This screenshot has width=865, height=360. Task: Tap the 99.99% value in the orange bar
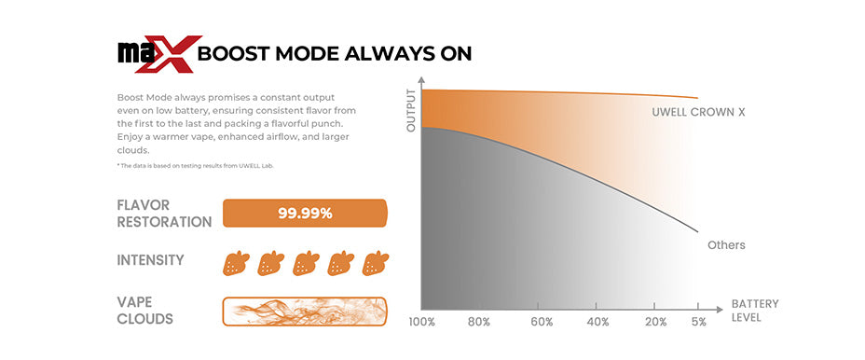[x=305, y=214]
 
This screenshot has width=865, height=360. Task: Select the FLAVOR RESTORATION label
[x=164, y=214]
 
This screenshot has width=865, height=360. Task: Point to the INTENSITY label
[x=151, y=260]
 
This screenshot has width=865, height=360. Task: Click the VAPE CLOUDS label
[x=145, y=311]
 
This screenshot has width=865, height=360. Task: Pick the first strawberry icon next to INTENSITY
[x=236, y=263]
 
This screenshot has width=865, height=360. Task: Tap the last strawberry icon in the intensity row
[x=375, y=263]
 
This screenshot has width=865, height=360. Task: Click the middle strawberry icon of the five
[x=306, y=263]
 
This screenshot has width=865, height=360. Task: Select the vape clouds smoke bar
[x=305, y=312]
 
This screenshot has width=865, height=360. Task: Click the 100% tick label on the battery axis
[x=421, y=322]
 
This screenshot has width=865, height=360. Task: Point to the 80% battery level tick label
[x=479, y=322]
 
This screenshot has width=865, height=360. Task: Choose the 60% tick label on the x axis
[x=542, y=322]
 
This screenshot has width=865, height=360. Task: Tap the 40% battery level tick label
[x=598, y=322]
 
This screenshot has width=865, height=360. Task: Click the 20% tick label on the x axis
[x=657, y=322]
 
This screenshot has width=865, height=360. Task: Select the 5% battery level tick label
[x=698, y=322]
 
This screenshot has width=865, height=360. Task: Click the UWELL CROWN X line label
[x=698, y=112]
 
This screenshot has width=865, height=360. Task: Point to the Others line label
[x=726, y=245]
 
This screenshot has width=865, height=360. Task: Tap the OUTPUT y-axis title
[x=410, y=110]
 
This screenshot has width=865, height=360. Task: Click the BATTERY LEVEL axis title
[x=755, y=311]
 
